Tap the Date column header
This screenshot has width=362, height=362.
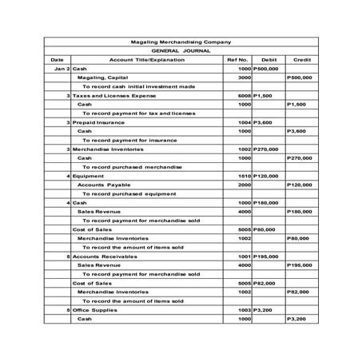(57, 60)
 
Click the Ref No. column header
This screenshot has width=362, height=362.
(239, 60)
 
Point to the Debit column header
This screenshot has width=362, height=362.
(269, 60)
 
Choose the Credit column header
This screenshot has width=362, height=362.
(302, 60)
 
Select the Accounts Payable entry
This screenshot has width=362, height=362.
(103, 185)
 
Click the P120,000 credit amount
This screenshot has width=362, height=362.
(300, 185)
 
